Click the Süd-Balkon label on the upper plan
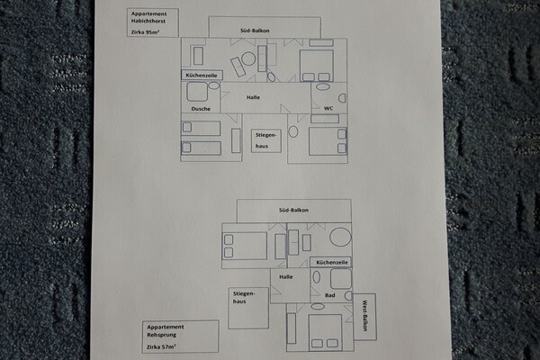click(x=255, y=31)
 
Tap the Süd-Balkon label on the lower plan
click(x=293, y=210)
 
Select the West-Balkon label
click(x=364, y=316)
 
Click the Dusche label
click(x=201, y=109)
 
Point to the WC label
click(x=328, y=108)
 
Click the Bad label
click(x=330, y=295)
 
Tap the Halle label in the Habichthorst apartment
click(x=253, y=97)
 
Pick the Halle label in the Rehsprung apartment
click(x=286, y=276)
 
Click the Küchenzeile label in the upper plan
click(x=202, y=75)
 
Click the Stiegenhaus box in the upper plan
click(x=265, y=140)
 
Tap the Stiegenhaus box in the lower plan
click(x=248, y=308)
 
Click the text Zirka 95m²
click(x=145, y=32)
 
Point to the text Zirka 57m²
click(x=161, y=346)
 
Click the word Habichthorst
click(x=148, y=21)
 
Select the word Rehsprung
click(x=161, y=335)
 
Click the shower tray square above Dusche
click(x=197, y=92)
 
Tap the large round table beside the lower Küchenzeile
click(x=340, y=238)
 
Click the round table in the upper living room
click(x=248, y=58)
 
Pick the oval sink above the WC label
click(x=323, y=86)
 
